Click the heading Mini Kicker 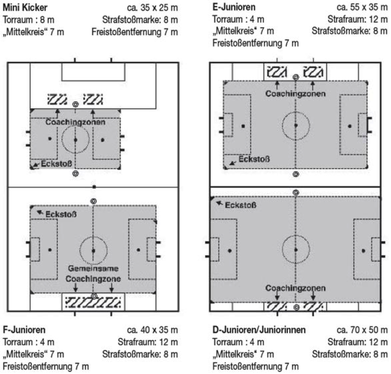pos(25,7)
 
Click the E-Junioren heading pos(234,7)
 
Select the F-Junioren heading pos(24,330)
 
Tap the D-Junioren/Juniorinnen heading pos(259,330)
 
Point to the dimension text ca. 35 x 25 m pos(152,8)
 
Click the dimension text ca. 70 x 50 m pos(362,330)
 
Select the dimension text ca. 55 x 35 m pos(362,7)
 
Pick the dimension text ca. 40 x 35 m pos(152,330)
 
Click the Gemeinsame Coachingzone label pos(93,273)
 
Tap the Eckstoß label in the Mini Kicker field pos(56,164)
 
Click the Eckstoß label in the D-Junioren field pos(241,205)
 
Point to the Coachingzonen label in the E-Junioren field pos(295,94)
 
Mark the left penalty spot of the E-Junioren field pos(243,126)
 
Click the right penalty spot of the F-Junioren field pos(138,250)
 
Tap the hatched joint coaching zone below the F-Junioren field pos(93,302)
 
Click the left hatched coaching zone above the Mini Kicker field pos(57,99)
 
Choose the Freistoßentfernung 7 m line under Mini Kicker pos(134,32)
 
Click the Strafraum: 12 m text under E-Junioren pos(357,19)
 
